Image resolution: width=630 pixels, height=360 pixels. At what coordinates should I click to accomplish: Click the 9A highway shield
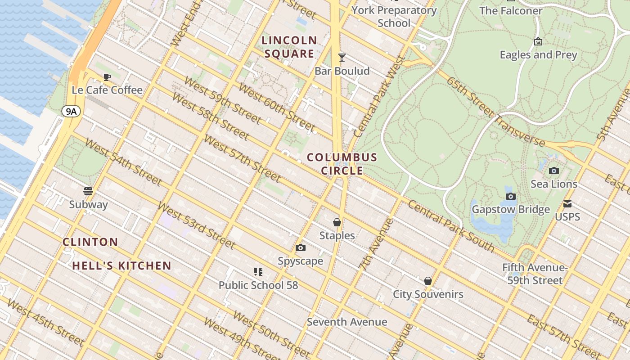pyautogui.click(x=71, y=111)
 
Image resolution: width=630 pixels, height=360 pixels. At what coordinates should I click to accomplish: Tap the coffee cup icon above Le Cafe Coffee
pyautogui.click(x=107, y=77)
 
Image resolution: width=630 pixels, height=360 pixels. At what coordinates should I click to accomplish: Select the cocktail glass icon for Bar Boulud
pyautogui.click(x=342, y=57)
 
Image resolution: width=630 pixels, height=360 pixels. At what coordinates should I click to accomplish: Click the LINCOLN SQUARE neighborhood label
pyautogui.click(x=289, y=47)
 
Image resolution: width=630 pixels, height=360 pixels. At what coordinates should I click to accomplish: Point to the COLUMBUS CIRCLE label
pyautogui.click(x=342, y=164)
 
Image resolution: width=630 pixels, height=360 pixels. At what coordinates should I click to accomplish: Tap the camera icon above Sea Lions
pyautogui.click(x=554, y=171)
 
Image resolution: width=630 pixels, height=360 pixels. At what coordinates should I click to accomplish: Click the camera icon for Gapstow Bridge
pyautogui.click(x=511, y=196)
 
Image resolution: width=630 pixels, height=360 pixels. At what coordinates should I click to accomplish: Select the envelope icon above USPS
pyautogui.click(x=567, y=204)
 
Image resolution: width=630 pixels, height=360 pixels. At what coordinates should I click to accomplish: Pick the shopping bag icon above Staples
pyautogui.click(x=337, y=222)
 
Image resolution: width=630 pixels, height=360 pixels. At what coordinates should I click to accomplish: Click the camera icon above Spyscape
pyautogui.click(x=301, y=247)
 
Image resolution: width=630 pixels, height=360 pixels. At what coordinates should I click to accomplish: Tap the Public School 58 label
pyautogui.click(x=258, y=285)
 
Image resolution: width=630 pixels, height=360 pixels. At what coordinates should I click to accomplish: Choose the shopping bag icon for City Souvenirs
pyautogui.click(x=428, y=281)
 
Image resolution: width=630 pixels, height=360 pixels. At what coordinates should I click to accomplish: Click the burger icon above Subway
pyautogui.click(x=89, y=191)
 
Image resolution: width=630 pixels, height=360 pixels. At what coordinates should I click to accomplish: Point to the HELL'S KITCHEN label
pyautogui.click(x=122, y=265)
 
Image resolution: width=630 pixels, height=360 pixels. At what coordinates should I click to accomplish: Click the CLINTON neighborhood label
pyautogui.click(x=90, y=242)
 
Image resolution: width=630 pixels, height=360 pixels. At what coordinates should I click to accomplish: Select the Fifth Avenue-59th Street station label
pyautogui.click(x=535, y=274)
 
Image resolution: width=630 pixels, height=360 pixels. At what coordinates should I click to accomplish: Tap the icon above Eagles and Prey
pyautogui.click(x=538, y=42)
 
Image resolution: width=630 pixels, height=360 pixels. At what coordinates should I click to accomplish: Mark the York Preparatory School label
pyautogui.click(x=394, y=17)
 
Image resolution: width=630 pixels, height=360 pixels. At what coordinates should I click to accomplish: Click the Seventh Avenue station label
pyautogui.click(x=347, y=322)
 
